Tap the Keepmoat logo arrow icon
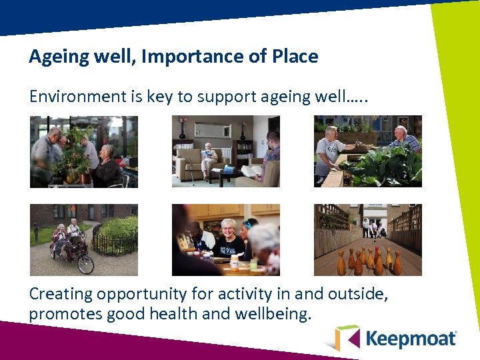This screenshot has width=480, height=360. tap(347, 337)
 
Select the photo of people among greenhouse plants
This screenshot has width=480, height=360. tap(84, 151)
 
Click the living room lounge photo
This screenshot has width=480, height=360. tap(226, 151)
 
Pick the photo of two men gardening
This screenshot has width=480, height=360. tap(368, 151)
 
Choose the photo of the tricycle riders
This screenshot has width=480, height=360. tap(84, 240)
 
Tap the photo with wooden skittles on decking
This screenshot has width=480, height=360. tap(368, 240)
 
